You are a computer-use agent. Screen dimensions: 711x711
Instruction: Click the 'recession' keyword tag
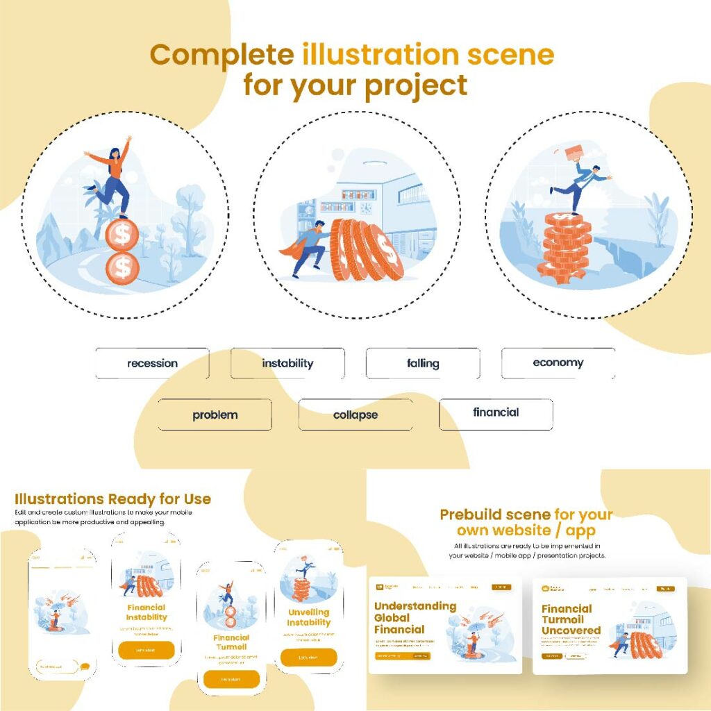(x=152, y=363)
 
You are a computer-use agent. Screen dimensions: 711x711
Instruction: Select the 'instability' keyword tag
(x=287, y=363)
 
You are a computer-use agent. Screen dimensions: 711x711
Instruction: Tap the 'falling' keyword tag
(x=423, y=363)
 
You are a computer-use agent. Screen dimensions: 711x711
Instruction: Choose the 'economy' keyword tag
(x=558, y=362)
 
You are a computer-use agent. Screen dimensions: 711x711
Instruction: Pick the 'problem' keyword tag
(x=215, y=415)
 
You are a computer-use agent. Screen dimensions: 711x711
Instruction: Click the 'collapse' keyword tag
(x=355, y=415)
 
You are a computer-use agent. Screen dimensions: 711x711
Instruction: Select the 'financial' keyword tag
(x=496, y=412)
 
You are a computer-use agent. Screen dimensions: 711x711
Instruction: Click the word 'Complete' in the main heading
(x=222, y=55)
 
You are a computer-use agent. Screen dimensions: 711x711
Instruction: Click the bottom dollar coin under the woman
(x=122, y=267)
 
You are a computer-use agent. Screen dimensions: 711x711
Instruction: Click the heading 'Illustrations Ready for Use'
(x=112, y=499)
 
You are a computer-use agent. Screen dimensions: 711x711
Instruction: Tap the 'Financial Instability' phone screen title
(x=147, y=612)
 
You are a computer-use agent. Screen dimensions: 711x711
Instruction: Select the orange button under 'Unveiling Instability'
(x=308, y=658)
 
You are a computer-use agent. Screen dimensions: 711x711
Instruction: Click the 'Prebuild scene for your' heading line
(x=526, y=515)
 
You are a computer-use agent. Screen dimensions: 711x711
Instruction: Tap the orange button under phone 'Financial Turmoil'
(x=231, y=679)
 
